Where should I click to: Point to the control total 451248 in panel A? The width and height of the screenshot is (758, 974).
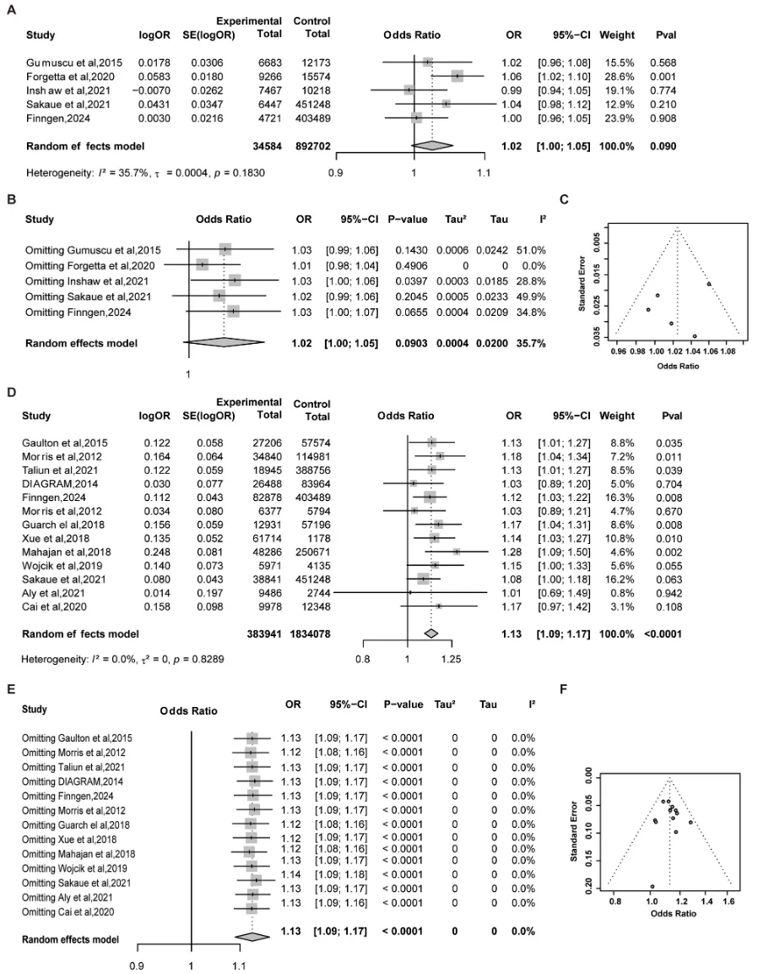311,103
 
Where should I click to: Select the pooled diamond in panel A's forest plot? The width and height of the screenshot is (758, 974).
430,145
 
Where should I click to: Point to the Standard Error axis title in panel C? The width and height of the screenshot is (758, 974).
583,288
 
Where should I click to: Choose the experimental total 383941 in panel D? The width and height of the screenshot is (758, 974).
264,608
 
